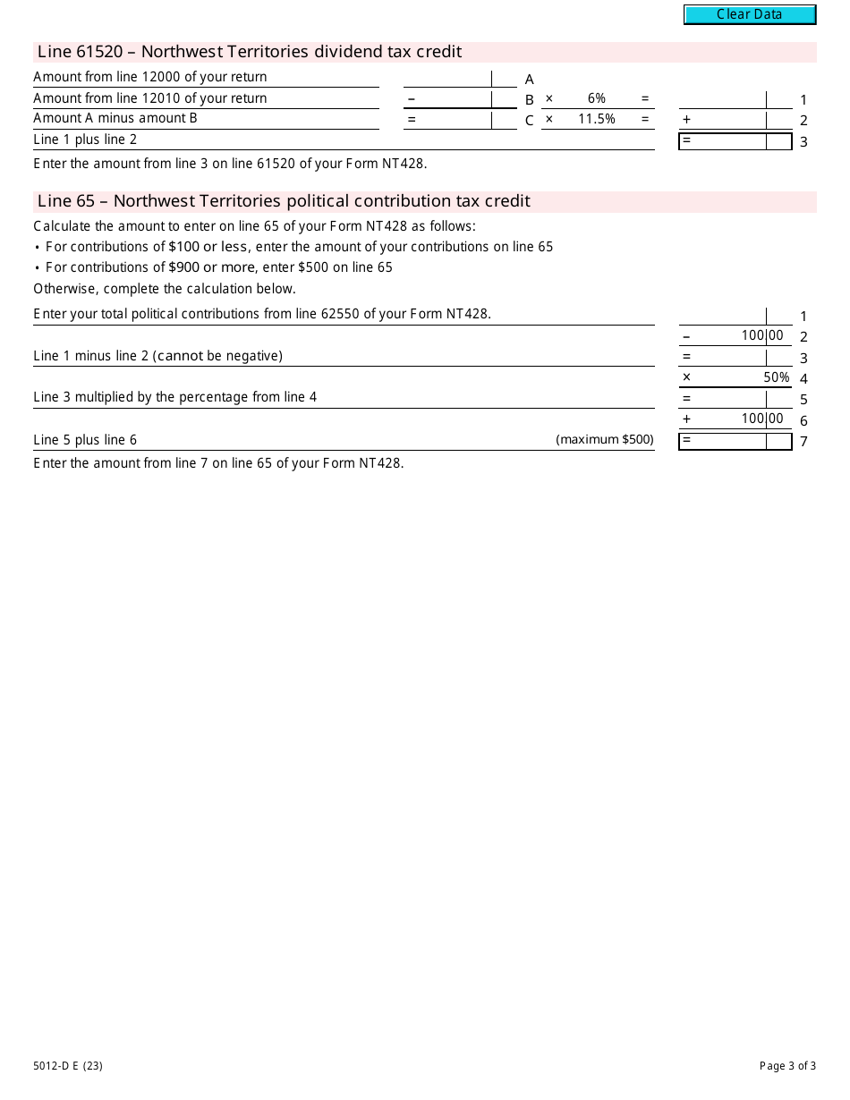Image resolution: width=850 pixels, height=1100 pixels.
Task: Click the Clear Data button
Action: click(x=750, y=14)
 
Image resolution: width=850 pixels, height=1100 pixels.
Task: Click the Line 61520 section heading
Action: click(x=250, y=52)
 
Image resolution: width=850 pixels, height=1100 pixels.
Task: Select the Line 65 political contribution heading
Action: click(x=284, y=201)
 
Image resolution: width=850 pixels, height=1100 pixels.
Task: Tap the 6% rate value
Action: click(x=597, y=98)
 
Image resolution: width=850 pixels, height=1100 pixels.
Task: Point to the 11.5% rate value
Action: click(x=597, y=119)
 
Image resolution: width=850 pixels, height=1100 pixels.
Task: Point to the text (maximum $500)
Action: click(x=605, y=439)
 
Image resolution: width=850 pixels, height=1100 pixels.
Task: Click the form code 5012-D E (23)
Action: click(x=68, y=1065)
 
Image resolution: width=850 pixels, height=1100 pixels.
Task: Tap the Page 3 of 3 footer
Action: click(x=787, y=1065)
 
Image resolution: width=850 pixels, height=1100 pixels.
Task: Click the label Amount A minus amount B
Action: click(x=115, y=118)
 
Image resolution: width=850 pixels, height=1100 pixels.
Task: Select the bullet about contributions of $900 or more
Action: click(x=219, y=267)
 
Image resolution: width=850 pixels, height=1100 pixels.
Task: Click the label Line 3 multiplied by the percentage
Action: click(x=175, y=397)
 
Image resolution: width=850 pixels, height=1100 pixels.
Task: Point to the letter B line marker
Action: click(x=530, y=100)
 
